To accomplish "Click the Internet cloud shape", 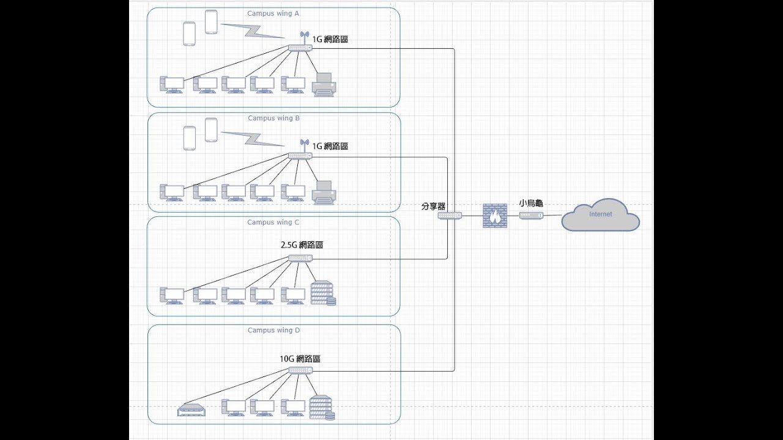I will point(600,215).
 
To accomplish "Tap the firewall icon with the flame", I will point(495,216).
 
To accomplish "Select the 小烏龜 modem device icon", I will point(531,216).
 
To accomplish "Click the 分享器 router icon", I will point(450,216).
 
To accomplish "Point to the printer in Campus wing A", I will point(324,85).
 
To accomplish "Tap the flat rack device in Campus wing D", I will point(190,410).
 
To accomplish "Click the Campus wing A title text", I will point(273,13).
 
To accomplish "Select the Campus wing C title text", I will point(273,222).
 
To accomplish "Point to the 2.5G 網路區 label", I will point(302,244).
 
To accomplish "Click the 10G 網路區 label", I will point(300,359).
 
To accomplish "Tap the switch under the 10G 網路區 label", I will point(300,370).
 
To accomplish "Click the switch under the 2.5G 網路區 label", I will point(300,258).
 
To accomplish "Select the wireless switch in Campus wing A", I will point(300,47).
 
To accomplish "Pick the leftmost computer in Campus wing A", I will point(172,85).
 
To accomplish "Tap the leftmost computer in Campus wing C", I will point(172,296).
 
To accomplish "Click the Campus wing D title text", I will point(273,330).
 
